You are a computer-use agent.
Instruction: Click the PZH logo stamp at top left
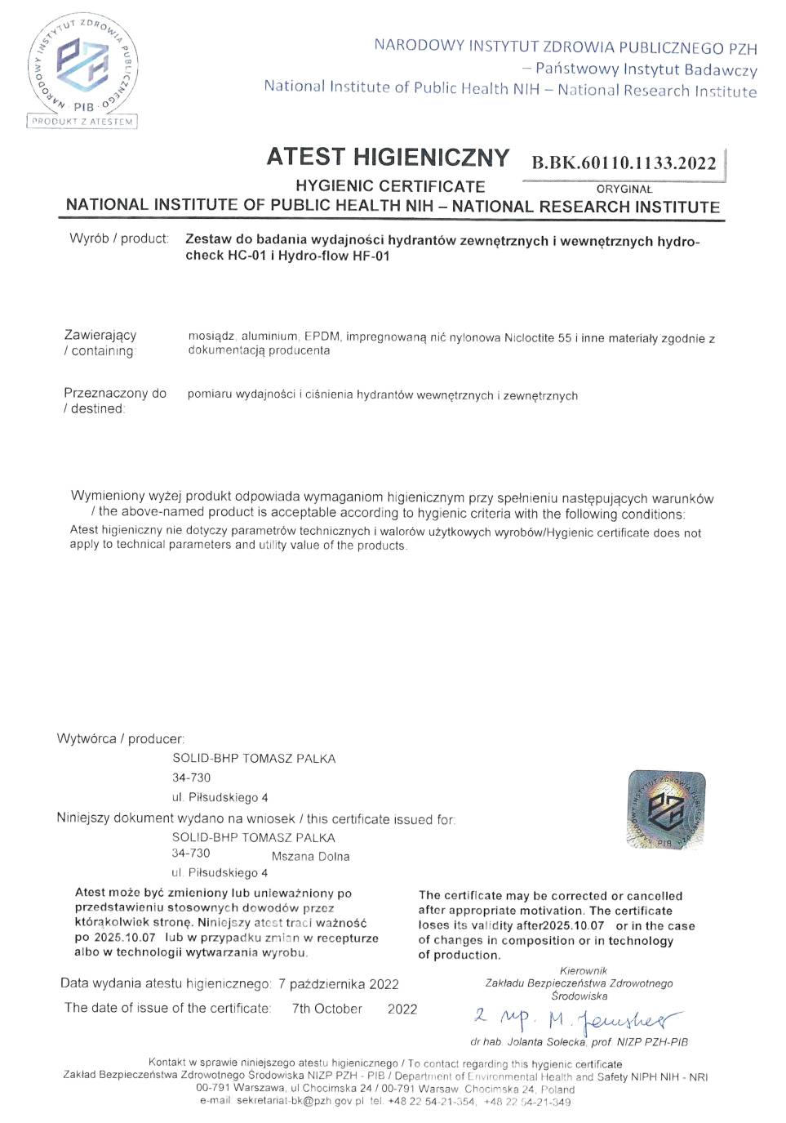coord(82,65)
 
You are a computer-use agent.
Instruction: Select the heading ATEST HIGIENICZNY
coord(388,157)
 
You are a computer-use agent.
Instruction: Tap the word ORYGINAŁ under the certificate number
coord(624,189)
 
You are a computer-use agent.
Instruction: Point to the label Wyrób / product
coord(119,238)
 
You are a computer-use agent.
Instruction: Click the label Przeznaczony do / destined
coord(114,400)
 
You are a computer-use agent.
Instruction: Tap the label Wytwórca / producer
coord(121,738)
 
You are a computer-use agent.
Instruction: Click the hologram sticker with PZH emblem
coord(665,809)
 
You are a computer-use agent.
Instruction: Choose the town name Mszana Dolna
coord(310,856)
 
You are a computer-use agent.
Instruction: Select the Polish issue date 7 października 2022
coord(338,984)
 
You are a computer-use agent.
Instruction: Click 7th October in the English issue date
coord(326,1009)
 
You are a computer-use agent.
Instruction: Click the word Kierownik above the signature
coord(583,970)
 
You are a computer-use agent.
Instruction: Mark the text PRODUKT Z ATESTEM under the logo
coord(82,122)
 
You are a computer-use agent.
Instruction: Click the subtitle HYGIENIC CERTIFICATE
coord(390,186)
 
